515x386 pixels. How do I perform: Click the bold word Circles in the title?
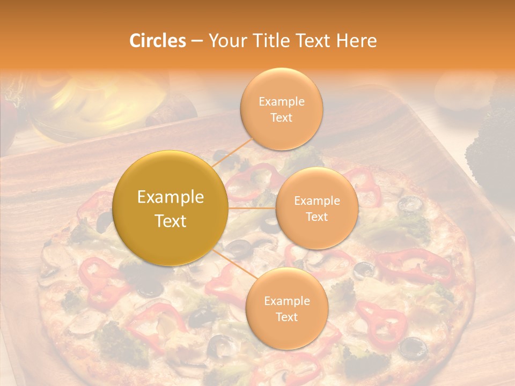pyautogui.click(x=157, y=41)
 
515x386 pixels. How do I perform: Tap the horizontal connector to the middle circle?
pyautogui.click(x=252, y=207)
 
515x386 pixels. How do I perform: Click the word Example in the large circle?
pyautogui.click(x=171, y=197)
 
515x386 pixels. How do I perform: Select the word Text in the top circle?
pyautogui.click(x=281, y=118)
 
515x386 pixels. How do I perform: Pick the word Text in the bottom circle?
pyautogui.click(x=286, y=317)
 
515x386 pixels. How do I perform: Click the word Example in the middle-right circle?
pyautogui.click(x=317, y=201)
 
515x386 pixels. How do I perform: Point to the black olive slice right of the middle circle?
pyautogui.click(x=410, y=204)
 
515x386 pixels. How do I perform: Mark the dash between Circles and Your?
pyautogui.click(x=196, y=41)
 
